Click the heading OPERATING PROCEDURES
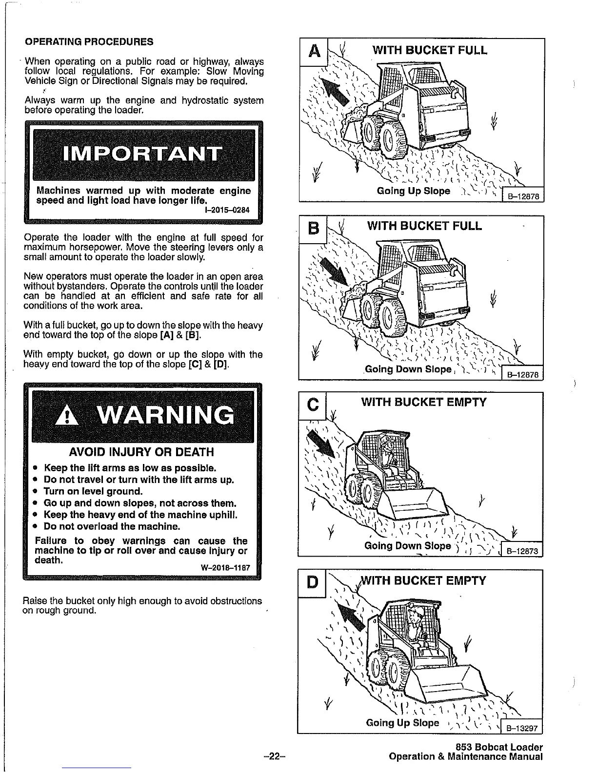click(89, 42)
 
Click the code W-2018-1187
click(225, 568)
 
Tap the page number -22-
click(273, 757)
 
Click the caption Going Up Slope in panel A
click(414, 191)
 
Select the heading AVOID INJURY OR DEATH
click(142, 452)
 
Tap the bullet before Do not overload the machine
click(36, 526)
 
